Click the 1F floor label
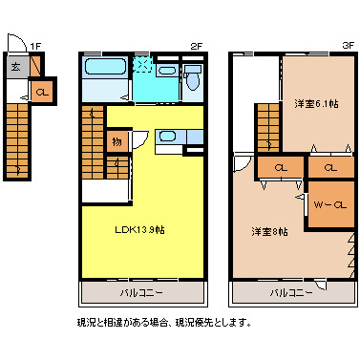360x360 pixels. pyautogui.click(x=35, y=45)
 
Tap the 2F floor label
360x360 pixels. pyautogui.click(x=196, y=45)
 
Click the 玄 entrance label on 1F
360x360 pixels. pyautogui.click(x=17, y=68)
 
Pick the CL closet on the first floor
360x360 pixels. pyautogui.click(x=42, y=92)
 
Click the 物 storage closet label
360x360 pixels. pyautogui.click(x=116, y=141)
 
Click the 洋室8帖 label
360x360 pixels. pyautogui.click(x=270, y=231)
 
